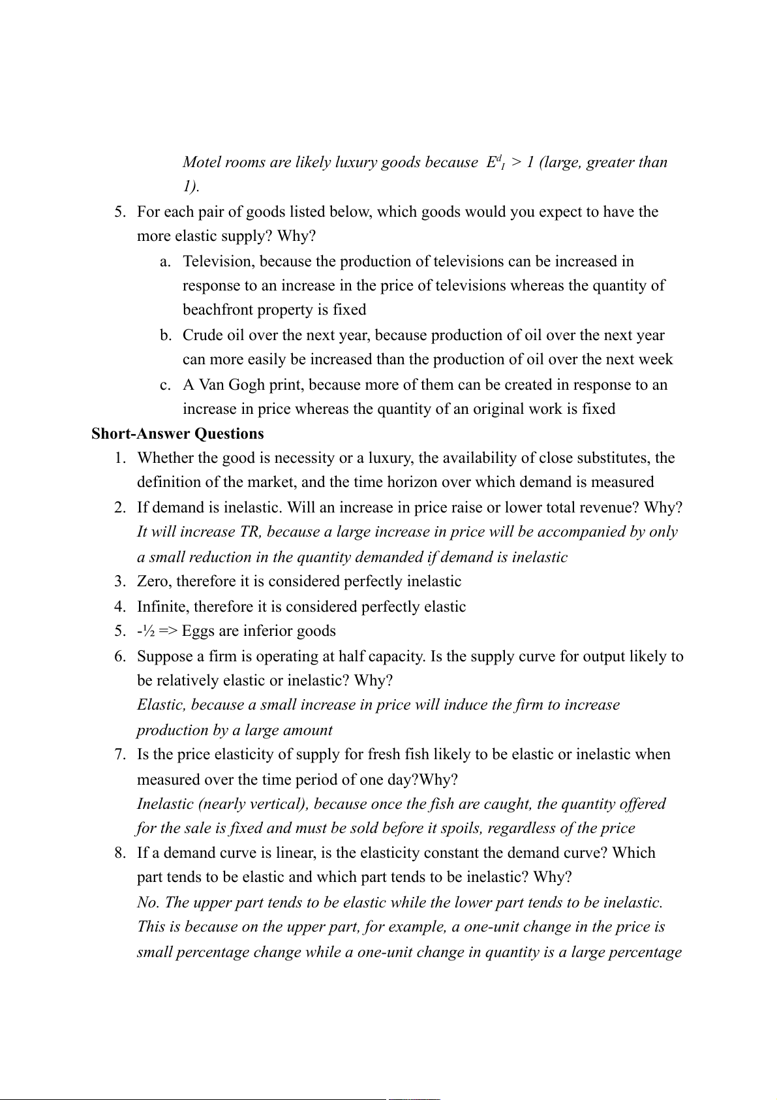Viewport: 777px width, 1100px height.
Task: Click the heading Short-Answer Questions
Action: (x=177, y=433)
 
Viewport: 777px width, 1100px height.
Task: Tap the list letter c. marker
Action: (x=166, y=385)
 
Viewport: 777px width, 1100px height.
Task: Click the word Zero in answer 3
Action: (x=153, y=581)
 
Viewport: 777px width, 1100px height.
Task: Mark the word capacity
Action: (x=397, y=656)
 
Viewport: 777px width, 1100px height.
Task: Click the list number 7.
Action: (x=120, y=754)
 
